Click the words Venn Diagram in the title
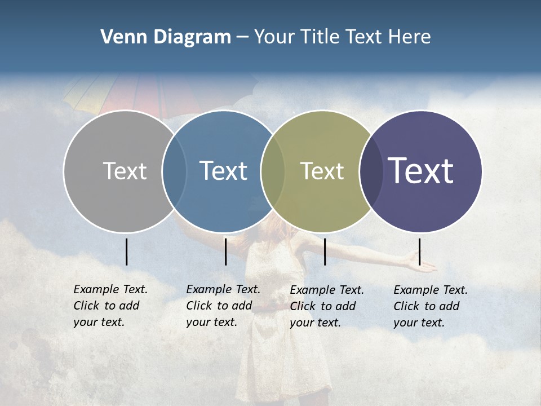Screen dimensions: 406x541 pos(166,37)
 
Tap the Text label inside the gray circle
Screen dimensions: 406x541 pos(125,171)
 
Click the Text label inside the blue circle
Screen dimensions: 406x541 pos(223,171)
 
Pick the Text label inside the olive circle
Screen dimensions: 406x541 pos(322,171)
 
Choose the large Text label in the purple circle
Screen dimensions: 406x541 pos(420,171)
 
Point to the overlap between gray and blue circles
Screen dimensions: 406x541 pos(174,171)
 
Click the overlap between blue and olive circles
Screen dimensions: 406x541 pos(273,171)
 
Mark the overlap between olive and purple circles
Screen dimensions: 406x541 pos(371,171)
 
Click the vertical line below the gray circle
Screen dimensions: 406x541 pos(126,251)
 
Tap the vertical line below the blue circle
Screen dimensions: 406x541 pos(225,251)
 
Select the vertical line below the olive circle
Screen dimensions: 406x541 pos(325,251)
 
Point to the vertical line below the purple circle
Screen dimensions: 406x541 pos(419,251)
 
